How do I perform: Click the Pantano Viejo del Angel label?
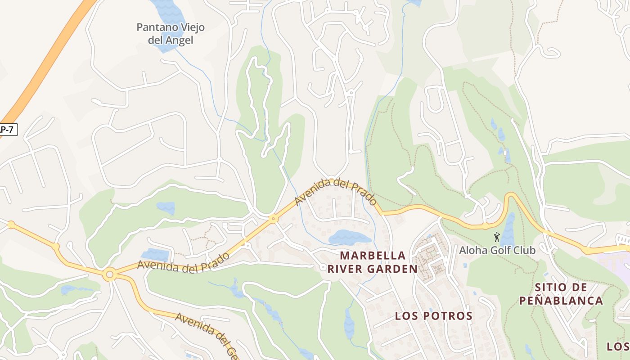pos(171,34)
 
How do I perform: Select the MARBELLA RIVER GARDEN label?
pos(372,262)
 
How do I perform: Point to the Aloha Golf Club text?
pos(497,250)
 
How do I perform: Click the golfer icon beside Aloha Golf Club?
pos(497,237)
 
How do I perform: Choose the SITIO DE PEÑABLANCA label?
pos(561,294)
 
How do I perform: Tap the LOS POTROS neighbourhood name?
pos(433,316)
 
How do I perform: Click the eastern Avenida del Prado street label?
pos(336,192)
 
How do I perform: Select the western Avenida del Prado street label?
pos(184,263)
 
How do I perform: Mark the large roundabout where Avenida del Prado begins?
pos(109,274)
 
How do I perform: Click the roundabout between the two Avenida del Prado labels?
pos(273,219)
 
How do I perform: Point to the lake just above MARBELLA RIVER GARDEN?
pos(349,237)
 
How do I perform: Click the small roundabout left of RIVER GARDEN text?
pos(323,268)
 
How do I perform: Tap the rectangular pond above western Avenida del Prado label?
pos(155,255)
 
